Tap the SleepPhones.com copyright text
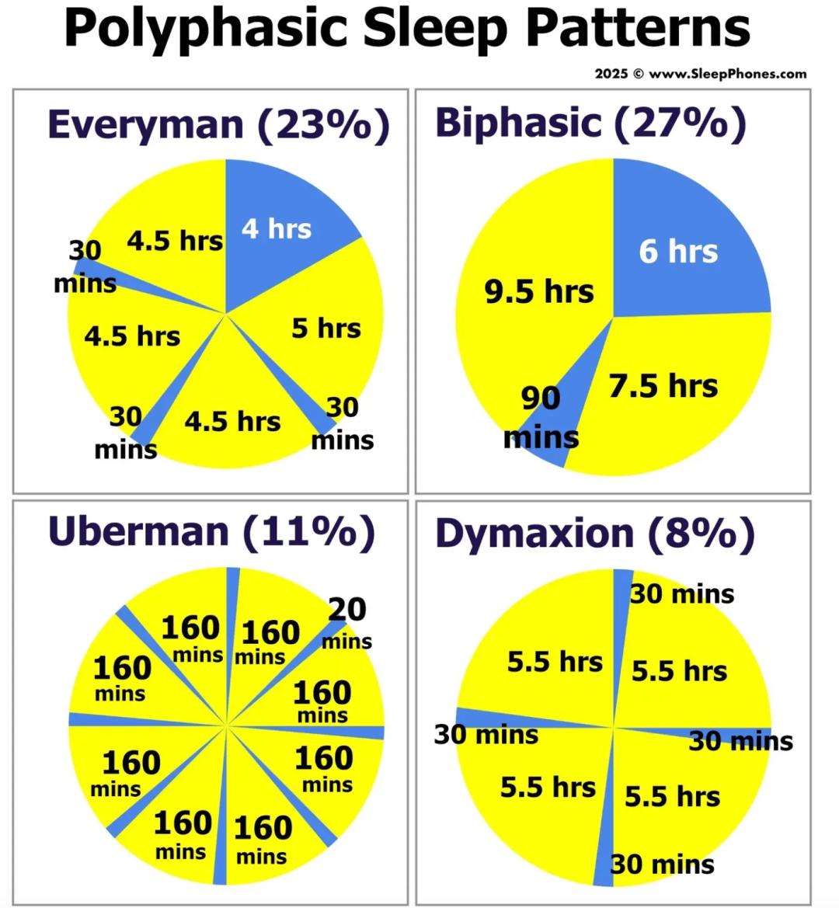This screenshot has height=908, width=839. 700,74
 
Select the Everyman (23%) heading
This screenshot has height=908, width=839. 218,125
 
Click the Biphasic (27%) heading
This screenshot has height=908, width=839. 590,124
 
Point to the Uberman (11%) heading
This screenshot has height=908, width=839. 211,531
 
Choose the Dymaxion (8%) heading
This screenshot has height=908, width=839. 594,534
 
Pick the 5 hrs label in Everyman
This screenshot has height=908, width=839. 326,328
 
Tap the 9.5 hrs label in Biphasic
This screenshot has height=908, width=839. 539,291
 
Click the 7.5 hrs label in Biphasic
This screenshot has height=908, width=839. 663,385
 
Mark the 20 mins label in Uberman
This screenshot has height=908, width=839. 346,624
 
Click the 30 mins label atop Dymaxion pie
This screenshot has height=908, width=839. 681,594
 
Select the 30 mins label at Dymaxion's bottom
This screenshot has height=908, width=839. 662,864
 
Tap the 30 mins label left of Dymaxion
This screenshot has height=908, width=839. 486,734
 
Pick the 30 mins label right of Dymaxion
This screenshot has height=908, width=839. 741,741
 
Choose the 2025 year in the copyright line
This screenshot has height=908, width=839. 611,74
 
